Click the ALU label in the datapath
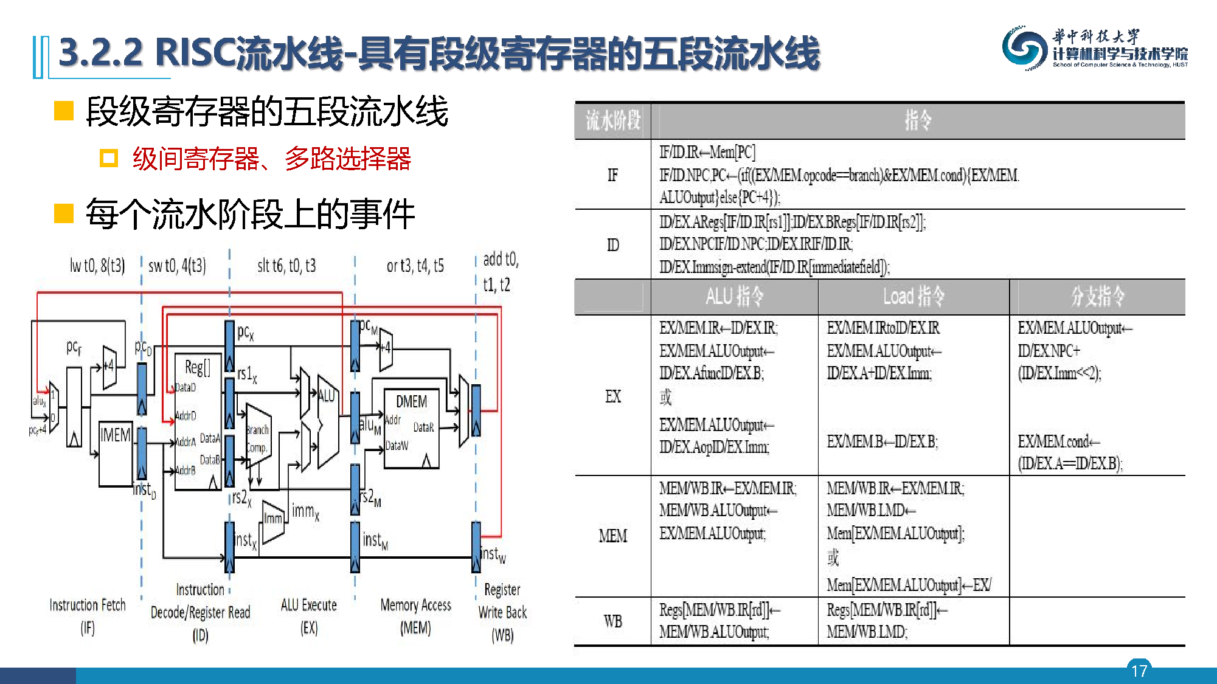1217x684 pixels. point(327,396)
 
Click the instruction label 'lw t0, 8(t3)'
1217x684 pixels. point(97,266)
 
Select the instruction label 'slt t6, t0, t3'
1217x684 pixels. point(286,266)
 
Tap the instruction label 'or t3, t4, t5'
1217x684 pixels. point(415,266)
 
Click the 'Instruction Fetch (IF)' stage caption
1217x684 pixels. point(88,615)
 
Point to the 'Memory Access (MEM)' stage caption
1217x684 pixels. point(415,615)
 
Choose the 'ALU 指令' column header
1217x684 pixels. point(734,297)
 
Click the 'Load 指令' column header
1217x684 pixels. point(914,297)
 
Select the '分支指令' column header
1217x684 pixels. point(1097,297)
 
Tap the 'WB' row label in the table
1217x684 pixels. point(612,621)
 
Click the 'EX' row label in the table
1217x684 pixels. point(612,396)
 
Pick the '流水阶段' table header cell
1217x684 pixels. point(612,120)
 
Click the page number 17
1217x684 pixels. point(1139,670)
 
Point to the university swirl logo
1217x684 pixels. point(1025,47)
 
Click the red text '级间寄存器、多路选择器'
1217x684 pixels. point(272,159)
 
